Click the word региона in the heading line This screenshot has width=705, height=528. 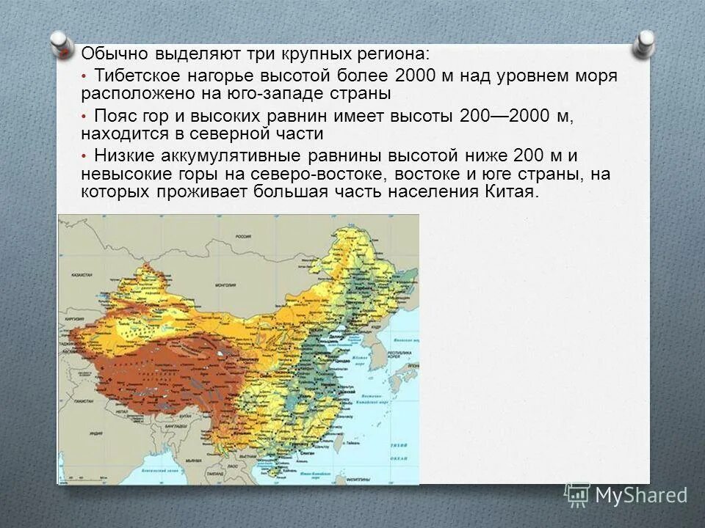coord(397,54)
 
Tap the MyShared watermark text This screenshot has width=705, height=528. coord(640,495)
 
